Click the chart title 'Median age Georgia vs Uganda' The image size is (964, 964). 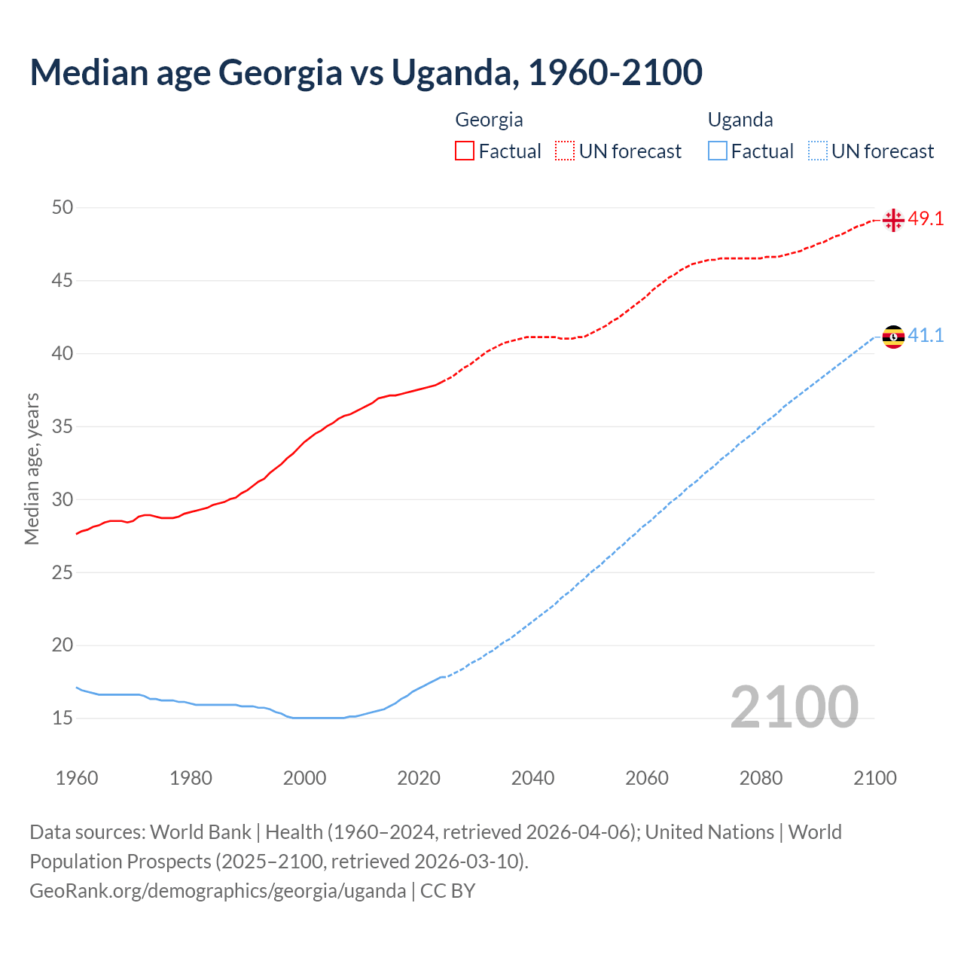tap(366, 72)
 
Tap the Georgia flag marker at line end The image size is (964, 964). tap(893, 220)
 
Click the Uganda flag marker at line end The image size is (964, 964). tap(893, 337)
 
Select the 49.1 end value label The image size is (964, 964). tap(926, 219)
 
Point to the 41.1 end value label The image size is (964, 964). tap(926, 336)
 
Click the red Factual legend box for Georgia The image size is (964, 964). tap(465, 151)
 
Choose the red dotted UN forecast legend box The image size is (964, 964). tap(565, 151)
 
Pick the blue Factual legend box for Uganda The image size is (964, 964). tap(718, 151)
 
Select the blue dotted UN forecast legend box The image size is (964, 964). tap(818, 151)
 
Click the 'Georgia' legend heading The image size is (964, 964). tap(489, 120)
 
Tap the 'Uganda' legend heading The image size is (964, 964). tap(740, 120)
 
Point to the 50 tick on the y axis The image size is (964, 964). tap(63, 207)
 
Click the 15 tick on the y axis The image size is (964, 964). tap(63, 718)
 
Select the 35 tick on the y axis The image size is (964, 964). tap(63, 426)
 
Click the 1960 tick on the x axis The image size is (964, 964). tap(77, 778)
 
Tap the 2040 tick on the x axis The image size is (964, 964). tap(532, 778)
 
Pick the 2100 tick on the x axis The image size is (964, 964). tap(874, 778)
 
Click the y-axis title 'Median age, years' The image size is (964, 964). tap(32, 468)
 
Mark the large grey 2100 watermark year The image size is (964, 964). tap(794, 707)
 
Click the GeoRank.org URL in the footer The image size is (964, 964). tap(218, 891)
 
